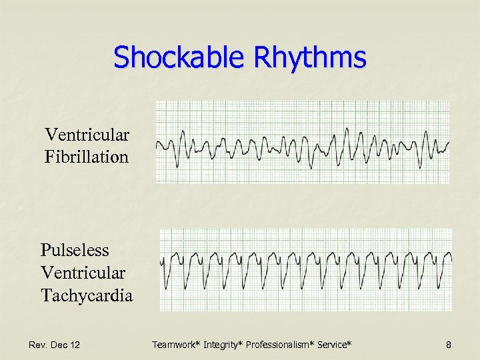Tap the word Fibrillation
[87, 157]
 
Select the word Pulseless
[75, 251]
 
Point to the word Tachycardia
[87, 295]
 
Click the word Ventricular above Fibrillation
[87, 135]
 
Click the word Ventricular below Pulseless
[83, 273]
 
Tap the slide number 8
[448, 345]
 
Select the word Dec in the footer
[59, 345]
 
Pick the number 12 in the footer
[75, 345]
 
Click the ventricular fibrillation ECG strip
[303, 142]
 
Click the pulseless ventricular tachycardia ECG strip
[305, 269]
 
